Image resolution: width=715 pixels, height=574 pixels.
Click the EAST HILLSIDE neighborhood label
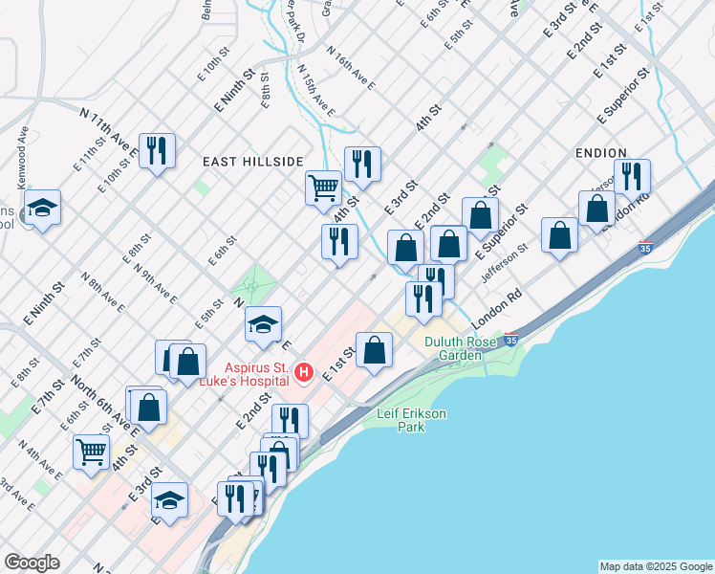253,162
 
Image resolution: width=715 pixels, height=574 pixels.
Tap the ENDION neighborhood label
601,153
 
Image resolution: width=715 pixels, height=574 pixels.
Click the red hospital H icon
304,371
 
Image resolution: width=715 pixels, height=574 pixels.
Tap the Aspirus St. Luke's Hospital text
256,373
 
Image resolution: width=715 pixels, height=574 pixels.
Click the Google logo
32,563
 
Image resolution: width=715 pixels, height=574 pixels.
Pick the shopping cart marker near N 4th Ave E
92,450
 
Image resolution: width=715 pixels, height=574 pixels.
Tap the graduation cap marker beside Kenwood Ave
42,208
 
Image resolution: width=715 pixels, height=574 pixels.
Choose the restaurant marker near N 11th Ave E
157,149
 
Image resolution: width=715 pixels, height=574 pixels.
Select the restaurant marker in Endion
632,176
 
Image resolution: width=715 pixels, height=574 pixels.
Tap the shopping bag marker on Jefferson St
559,235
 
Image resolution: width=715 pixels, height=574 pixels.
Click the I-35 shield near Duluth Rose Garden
511,340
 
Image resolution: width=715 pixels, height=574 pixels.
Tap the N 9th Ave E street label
155,283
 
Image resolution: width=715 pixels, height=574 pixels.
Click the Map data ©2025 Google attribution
656,566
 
